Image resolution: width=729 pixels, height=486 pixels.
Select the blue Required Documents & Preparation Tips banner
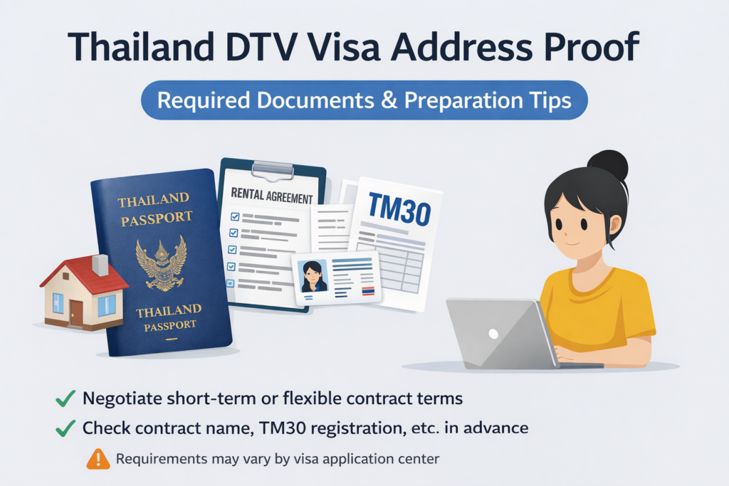click(364, 100)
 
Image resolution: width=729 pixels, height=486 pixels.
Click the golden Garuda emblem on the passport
click(162, 263)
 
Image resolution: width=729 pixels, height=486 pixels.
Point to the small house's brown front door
click(76, 312)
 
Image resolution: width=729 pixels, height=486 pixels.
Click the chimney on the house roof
click(100, 265)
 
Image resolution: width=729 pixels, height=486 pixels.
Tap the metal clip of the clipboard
click(273, 169)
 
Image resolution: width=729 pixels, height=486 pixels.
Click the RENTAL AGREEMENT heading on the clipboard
click(272, 196)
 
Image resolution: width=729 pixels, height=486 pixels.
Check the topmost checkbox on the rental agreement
click(235, 216)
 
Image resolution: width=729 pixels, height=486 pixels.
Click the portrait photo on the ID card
click(313, 276)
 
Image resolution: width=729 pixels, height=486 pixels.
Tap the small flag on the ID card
click(368, 291)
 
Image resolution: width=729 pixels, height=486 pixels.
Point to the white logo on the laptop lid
click(493, 334)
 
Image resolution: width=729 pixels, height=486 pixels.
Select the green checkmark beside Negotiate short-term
click(65, 398)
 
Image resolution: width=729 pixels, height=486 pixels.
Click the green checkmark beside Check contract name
click(65, 428)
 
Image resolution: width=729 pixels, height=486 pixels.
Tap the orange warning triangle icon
click(98, 459)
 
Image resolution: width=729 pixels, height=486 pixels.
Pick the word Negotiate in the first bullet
click(122, 399)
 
